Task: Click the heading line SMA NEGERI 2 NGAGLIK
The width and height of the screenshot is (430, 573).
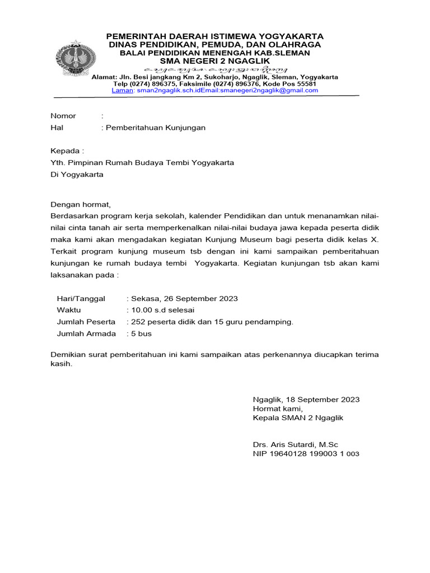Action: (x=215, y=60)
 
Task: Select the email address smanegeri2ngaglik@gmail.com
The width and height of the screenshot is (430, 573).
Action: (x=269, y=90)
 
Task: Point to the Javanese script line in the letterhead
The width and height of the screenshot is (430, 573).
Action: (x=215, y=69)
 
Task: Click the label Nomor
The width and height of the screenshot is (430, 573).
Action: (x=63, y=116)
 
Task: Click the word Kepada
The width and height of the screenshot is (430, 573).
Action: (x=66, y=151)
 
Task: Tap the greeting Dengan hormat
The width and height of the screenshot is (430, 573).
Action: (x=81, y=204)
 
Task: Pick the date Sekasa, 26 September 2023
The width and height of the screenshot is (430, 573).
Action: (x=184, y=299)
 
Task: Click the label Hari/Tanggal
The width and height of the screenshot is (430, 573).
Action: (x=81, y=299)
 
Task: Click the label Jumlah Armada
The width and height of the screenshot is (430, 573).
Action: (x=86, y=334)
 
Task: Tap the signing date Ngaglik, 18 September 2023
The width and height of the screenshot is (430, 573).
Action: (x=306, y=400)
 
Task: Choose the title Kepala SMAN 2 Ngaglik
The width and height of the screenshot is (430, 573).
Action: (x=298, y=418)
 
